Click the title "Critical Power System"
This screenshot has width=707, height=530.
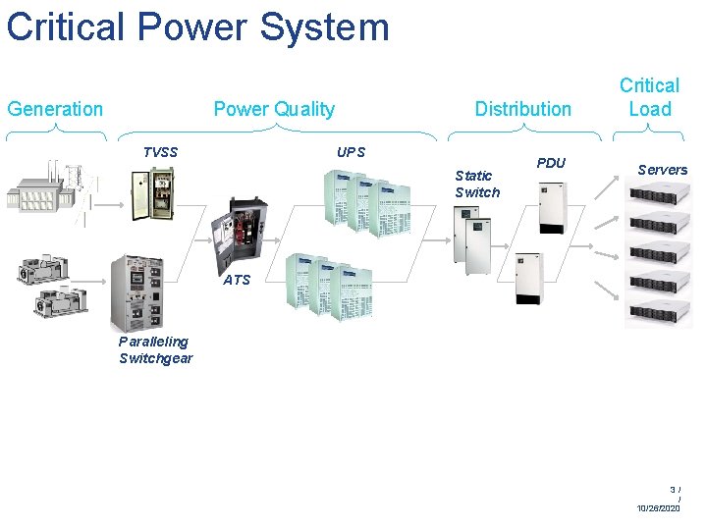coord(197,26)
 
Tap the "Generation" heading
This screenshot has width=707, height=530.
coord(55,109)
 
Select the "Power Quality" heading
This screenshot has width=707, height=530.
coord(274,109)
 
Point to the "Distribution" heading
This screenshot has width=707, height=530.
coord(522,109)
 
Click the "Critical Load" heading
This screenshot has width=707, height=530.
coord(649,97)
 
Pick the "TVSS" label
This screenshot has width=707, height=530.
coord(161,152)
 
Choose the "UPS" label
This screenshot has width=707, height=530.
coord(351,152)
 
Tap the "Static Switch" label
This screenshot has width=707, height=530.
coord(477,184)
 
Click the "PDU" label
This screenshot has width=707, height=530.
coord(551,163)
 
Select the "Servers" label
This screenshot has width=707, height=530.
coord(662,170)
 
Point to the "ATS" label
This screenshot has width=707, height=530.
coord(237,280)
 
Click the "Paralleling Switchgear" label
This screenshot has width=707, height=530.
coord(155,349)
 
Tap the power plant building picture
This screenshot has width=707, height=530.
coord(39,186)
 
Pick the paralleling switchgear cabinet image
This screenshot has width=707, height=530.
coord(136,291)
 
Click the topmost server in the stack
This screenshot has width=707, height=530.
coord(660,196)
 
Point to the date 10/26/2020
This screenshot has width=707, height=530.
coord(658,507)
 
